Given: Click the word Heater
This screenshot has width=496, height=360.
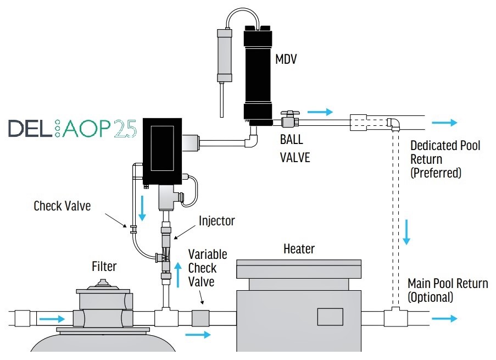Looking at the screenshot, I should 299,249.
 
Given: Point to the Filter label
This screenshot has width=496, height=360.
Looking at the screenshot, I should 104,267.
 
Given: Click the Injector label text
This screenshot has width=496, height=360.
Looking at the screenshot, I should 217,221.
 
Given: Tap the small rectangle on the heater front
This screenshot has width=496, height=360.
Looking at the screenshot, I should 330,317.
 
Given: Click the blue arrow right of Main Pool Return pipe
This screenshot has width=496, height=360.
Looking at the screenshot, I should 444,318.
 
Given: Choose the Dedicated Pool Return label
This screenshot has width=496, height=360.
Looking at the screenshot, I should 445,159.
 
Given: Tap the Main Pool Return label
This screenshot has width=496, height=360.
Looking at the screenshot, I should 447,290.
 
